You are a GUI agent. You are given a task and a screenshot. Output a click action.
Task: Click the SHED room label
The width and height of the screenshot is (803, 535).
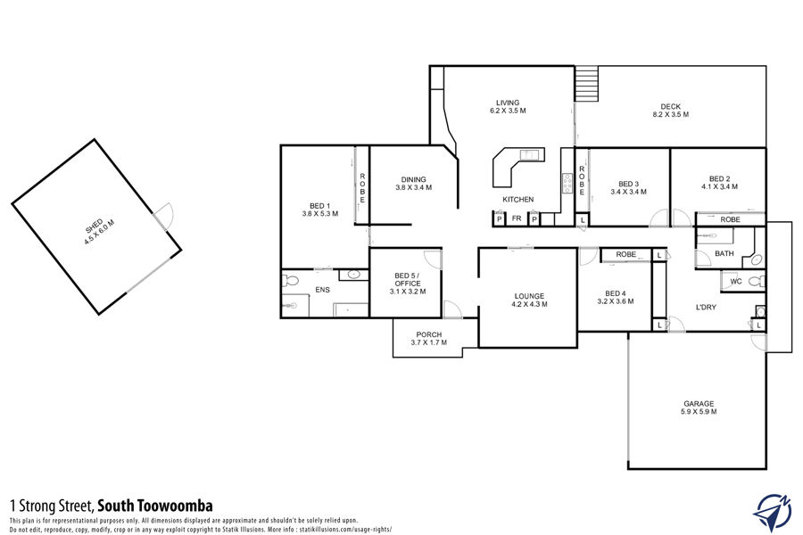point(95,226)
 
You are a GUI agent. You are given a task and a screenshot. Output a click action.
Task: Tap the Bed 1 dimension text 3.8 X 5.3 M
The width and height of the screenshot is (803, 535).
point(320,213)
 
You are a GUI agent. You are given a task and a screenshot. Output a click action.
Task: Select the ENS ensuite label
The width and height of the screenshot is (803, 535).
point(323,290)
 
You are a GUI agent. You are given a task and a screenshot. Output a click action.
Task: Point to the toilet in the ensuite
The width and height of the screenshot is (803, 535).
point(290,281)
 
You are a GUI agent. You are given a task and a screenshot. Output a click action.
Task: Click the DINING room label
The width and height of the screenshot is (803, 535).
point(414,180)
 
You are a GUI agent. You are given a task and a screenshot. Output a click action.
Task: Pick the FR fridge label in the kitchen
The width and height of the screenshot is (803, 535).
point(517,218)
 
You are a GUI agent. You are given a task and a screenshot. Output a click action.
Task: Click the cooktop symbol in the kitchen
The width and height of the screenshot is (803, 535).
point(567,184)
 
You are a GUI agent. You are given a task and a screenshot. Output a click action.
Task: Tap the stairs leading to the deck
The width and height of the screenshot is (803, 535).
point(586,84)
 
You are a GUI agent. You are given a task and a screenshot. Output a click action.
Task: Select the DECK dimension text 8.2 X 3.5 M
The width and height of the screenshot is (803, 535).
point(670,115)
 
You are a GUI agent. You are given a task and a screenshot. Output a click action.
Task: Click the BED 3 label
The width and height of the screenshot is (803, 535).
point(628,184)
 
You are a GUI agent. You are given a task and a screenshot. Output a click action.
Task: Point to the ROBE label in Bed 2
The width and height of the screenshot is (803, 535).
point(730,219)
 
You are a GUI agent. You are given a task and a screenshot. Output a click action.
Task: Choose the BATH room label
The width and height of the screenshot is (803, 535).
point(724,253)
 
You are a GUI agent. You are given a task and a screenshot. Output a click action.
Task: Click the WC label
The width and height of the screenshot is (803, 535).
point(736,282)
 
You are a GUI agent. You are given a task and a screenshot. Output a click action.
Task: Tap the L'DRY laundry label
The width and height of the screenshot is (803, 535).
point(706,307)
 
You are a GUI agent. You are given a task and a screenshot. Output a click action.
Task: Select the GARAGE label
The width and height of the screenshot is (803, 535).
point(699,403)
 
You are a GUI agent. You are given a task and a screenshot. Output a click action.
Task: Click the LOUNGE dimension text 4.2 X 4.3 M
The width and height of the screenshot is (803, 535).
point(529,304)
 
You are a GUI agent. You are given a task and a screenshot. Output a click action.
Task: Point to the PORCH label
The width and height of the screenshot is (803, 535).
point(429,335)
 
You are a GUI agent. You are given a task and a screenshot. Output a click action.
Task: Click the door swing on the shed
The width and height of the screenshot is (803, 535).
point(166,215)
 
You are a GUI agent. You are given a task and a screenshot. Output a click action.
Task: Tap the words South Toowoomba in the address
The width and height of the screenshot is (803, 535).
point(155,506)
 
